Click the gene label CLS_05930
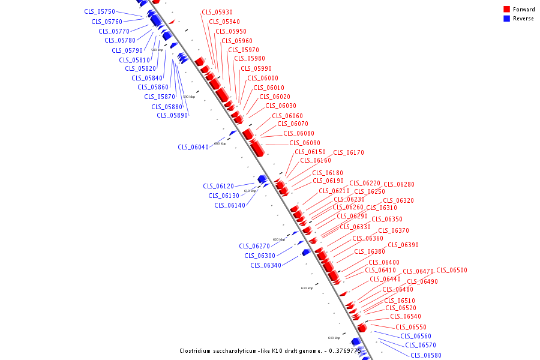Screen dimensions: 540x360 217,12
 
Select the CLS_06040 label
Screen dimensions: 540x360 193,147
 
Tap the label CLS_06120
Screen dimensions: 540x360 218,186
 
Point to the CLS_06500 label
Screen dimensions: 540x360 451,271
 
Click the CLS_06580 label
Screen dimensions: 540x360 426,355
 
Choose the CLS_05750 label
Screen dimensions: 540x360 100,12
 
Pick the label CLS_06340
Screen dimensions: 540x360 266,265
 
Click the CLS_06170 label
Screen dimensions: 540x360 349,152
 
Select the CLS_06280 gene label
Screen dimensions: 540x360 399,184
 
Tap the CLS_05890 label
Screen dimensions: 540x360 172,116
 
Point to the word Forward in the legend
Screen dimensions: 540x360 524,10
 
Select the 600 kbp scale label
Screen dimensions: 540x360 220,143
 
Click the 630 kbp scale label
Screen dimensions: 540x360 307,288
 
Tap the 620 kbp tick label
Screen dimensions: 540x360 279,239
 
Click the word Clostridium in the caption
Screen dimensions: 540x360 196,351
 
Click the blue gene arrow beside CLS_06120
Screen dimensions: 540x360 262,179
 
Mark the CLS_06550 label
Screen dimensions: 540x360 411,327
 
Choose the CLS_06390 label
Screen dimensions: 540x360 403,245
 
